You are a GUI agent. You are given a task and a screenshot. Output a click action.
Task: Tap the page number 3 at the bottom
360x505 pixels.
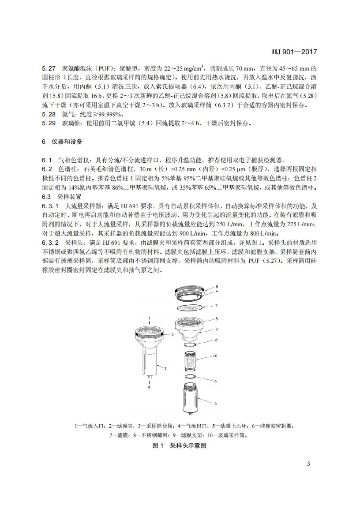click(x=308, y=464)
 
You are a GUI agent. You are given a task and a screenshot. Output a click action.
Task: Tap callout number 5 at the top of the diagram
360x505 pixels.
click(x=217, y=286)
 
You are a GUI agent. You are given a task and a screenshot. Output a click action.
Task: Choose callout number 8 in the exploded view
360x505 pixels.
click(x=217, y=318)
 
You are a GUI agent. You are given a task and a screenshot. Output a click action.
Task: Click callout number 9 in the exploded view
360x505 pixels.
click(x=217, y=329)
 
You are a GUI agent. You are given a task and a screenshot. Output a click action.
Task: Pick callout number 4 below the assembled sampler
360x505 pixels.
click(x=149, y=387)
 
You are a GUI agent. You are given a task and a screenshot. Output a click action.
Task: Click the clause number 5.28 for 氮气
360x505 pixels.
click(x=49, y=114)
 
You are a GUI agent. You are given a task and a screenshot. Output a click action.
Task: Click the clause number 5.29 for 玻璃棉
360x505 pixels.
click(x=49, y=123)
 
